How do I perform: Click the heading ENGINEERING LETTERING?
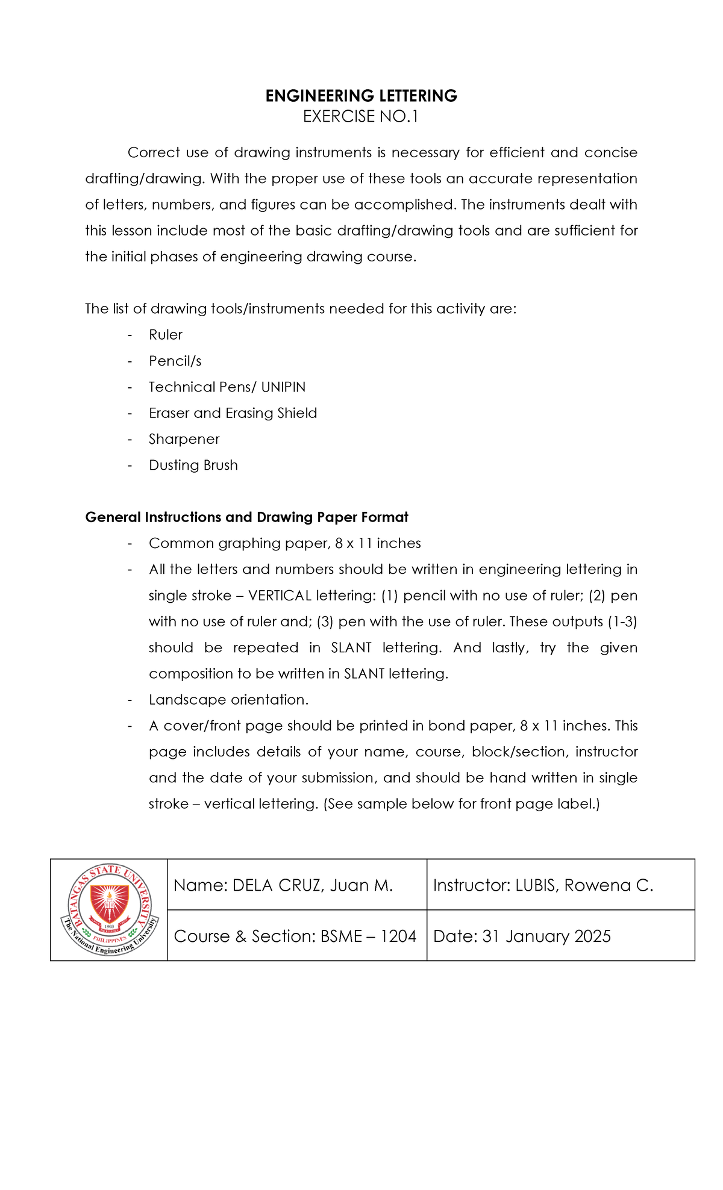click(x=361, y=96)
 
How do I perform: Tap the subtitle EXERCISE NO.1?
click(x=360, y=117)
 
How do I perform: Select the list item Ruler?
click(x=166, y=335)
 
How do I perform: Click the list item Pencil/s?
click(x=175, y=361)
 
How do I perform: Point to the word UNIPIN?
click(x=283, y=387)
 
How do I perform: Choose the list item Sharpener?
click(x=184, y=439)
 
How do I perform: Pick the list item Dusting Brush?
click(x=193, y=466)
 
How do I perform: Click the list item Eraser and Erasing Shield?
click(x=233, y=413)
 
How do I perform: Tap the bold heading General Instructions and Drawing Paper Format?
click(x=246, y=517)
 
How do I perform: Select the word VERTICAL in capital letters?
click(x=280, y=596)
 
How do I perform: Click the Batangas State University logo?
click(x=109, y=909)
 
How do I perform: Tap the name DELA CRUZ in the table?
click(x=278, y=885)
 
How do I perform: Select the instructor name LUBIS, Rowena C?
click(x=584, y=885)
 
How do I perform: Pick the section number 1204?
click(x=398, y=936)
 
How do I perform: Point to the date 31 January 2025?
click(x=546, y=936)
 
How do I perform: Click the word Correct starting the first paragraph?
click(x=154, y=153)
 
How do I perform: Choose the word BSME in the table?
click(x=342, y=936)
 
